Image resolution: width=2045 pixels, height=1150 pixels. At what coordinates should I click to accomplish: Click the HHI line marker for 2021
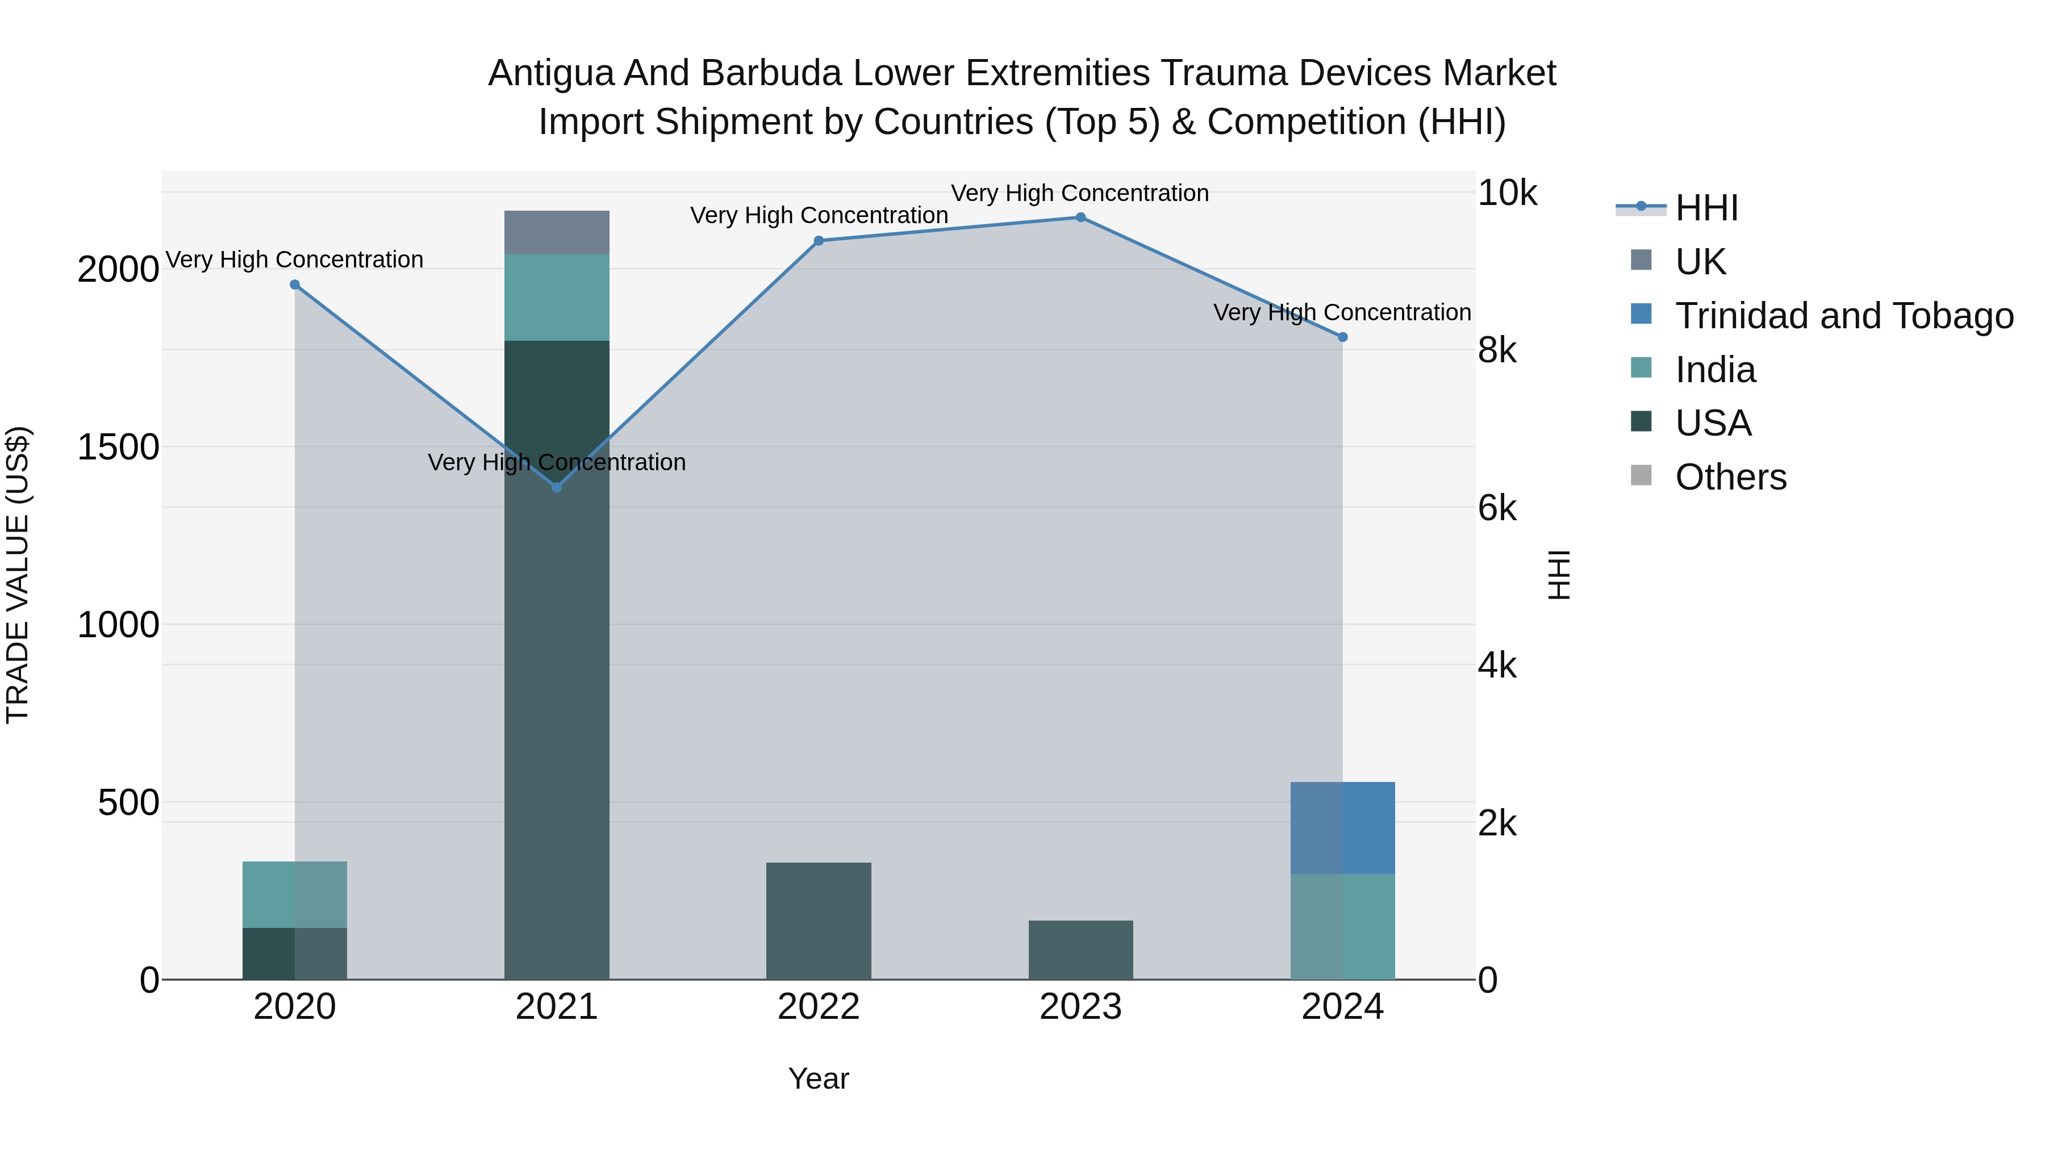pyautogui.click(x=557, y=487)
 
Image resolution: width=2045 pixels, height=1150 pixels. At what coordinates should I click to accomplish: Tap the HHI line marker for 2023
pyautogui.click(x=1080, y=217)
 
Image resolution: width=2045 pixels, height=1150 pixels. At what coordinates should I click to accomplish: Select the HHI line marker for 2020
pyautogui.click(x=294, y=284)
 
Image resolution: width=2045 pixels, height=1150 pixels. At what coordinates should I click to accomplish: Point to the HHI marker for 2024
pyautogui.click(x=1342, y=337)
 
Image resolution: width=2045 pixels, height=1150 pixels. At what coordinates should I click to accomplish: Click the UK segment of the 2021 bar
pyautogui.click(x=557, y=232)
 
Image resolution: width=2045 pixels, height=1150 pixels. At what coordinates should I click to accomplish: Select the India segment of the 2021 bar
pyautogui.click(x=557, y=297)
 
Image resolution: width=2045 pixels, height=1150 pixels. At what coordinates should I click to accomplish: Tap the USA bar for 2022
pyautogui.click(x=819, y=921)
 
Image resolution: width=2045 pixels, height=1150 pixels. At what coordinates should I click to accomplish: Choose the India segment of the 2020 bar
pyautogui.click(x=294, y=894)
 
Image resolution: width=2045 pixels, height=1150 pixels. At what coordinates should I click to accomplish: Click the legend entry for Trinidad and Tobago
pyautogui.click(x=1843, y=315)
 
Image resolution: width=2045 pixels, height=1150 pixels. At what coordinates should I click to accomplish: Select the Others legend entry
pyautogui.click(x=1731, y=477)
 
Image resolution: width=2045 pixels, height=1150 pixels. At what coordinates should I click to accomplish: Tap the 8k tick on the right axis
pyautogui.click(x=1497, y=350)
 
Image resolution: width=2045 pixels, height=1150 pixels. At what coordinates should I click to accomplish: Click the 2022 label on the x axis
pyautogui.click(x=819, y=1007)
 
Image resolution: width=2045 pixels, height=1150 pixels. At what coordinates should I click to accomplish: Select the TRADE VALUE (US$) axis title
pyautogui.click(x=18, y=575)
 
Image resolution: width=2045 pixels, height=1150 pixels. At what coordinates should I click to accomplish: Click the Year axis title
pyautogui.click(x=819, y=1078)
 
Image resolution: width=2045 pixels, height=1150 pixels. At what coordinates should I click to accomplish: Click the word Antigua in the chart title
pyautogui.click(x=549, y=73)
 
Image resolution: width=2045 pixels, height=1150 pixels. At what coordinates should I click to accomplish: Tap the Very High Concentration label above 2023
pyautogui.click(x=1080, y=193)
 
